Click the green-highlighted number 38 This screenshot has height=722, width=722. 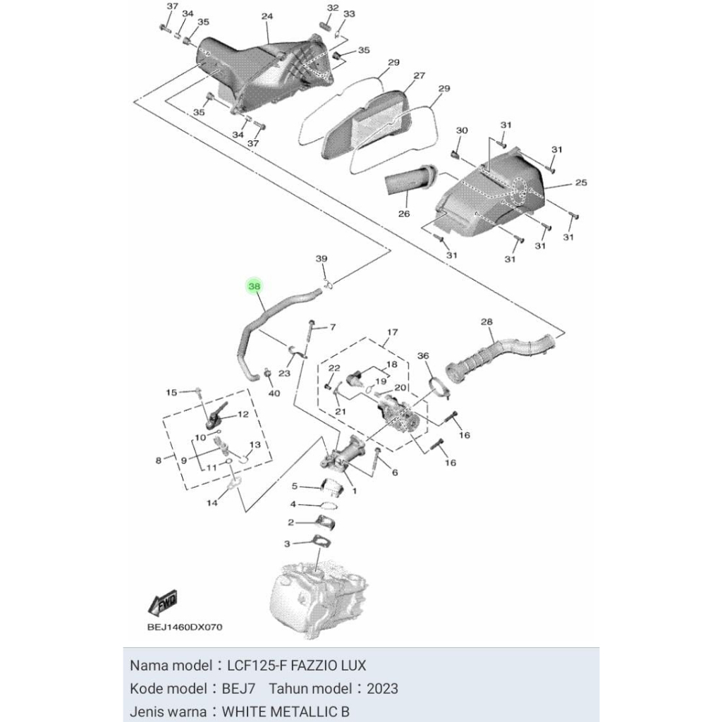pos(255,286)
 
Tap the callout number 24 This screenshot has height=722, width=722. pos(267,16)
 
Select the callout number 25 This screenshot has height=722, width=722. pos(580,183)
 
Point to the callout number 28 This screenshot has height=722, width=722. pos(487,322)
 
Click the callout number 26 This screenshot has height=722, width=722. pos(404,214)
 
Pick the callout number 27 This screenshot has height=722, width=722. pos(419,75)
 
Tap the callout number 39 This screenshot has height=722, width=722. pos(322,259)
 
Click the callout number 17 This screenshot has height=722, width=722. pos(392,332)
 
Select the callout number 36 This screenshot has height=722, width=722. pos(423,356)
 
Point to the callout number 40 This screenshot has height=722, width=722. pos(275,393)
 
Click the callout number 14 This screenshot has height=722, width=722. pos(212,503)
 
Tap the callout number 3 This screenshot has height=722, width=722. pos(287,544)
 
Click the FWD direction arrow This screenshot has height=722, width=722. pos(163,603)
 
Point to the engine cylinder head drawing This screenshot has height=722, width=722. pos(317,592)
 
